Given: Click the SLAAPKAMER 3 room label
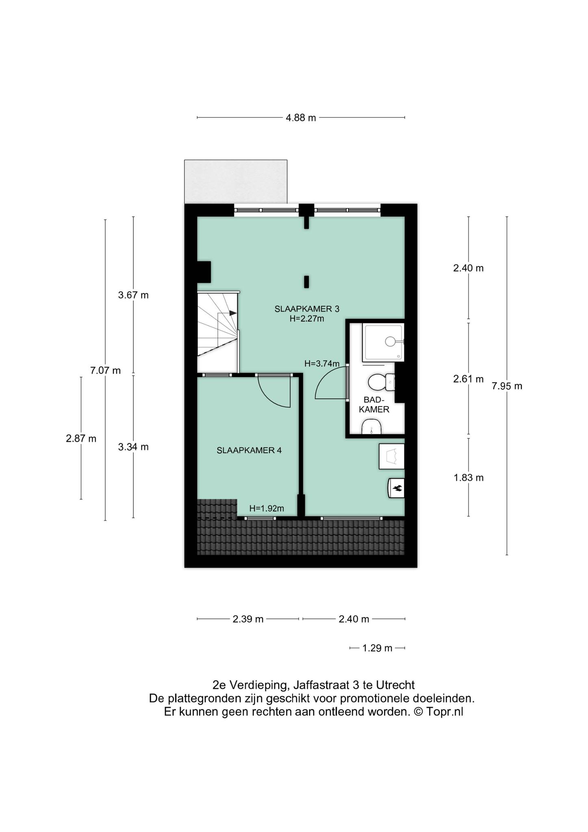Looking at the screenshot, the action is [307, 309].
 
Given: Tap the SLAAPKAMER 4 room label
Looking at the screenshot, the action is [249, 450].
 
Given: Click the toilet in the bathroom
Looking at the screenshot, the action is [381, 382].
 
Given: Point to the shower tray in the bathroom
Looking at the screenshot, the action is [383, 342].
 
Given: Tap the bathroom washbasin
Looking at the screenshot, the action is [372, 427].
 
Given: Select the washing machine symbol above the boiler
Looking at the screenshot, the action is [392, 456].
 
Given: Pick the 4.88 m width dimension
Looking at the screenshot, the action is [301, 118].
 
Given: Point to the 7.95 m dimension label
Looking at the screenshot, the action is [507, 386].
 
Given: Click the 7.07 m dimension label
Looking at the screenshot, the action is [105, 370].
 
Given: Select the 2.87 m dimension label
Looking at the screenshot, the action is [81, 439].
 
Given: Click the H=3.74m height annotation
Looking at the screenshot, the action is [322, 364].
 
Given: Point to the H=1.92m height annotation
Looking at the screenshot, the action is [267, 508].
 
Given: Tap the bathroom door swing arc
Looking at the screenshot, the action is [321, 376].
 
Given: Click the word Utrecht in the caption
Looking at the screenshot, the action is [395, 685].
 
